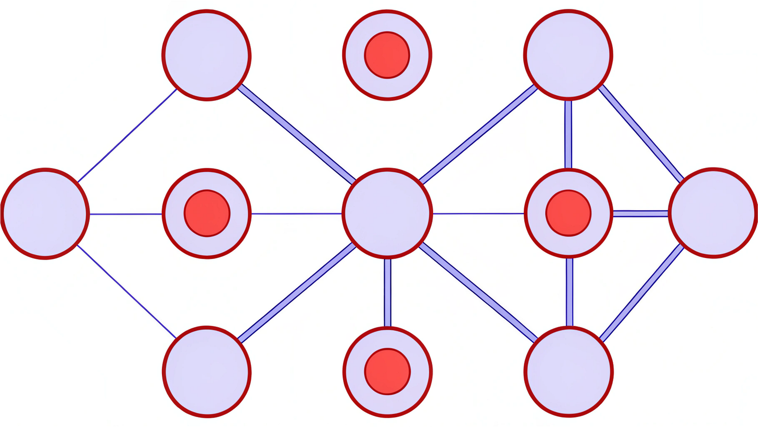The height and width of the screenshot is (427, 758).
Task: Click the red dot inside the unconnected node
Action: pyautogui.click(x=387, y=55)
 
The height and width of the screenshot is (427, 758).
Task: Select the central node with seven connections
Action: pyautogui.click(x=387, y=213)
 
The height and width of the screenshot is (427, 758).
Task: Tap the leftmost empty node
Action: pyautogui.click(x=45, y=214)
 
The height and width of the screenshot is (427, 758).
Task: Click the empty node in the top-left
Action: pyautogui.click(x=207, y=55)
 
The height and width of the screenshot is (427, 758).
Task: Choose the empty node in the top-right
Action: pyautogui.click(x=568, y=54)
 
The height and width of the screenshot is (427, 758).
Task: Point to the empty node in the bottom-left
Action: pyautogui.click(x=207, y=372)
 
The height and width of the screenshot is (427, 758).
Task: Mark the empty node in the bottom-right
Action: pyautogui.click(x=568, y=372)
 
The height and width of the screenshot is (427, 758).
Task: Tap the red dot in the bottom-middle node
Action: pyautogui.click(x=387, y=371)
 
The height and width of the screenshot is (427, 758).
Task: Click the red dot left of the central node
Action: pyautogui.click(x=207, y=213)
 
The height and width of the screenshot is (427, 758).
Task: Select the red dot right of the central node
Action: pyautogui.click(x=568, y=213)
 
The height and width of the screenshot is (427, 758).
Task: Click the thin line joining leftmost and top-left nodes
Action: pyautogui.click(x=127, y=136)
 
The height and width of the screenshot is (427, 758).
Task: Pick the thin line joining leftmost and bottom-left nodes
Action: pyautogui.click(x=127, y=291)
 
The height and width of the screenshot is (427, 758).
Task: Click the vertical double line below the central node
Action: pyautogui.click(x=387, y=292)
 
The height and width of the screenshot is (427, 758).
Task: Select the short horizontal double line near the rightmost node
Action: pyautogui.click(x=640, y=213)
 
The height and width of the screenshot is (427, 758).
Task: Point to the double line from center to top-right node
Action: pyautogui.click(x=477, y=134)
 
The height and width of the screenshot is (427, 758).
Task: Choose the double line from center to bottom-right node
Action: pyautogui.click(x=477, y=292)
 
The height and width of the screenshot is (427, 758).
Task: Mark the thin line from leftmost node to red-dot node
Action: pyautogui.click(x=125, y=214)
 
